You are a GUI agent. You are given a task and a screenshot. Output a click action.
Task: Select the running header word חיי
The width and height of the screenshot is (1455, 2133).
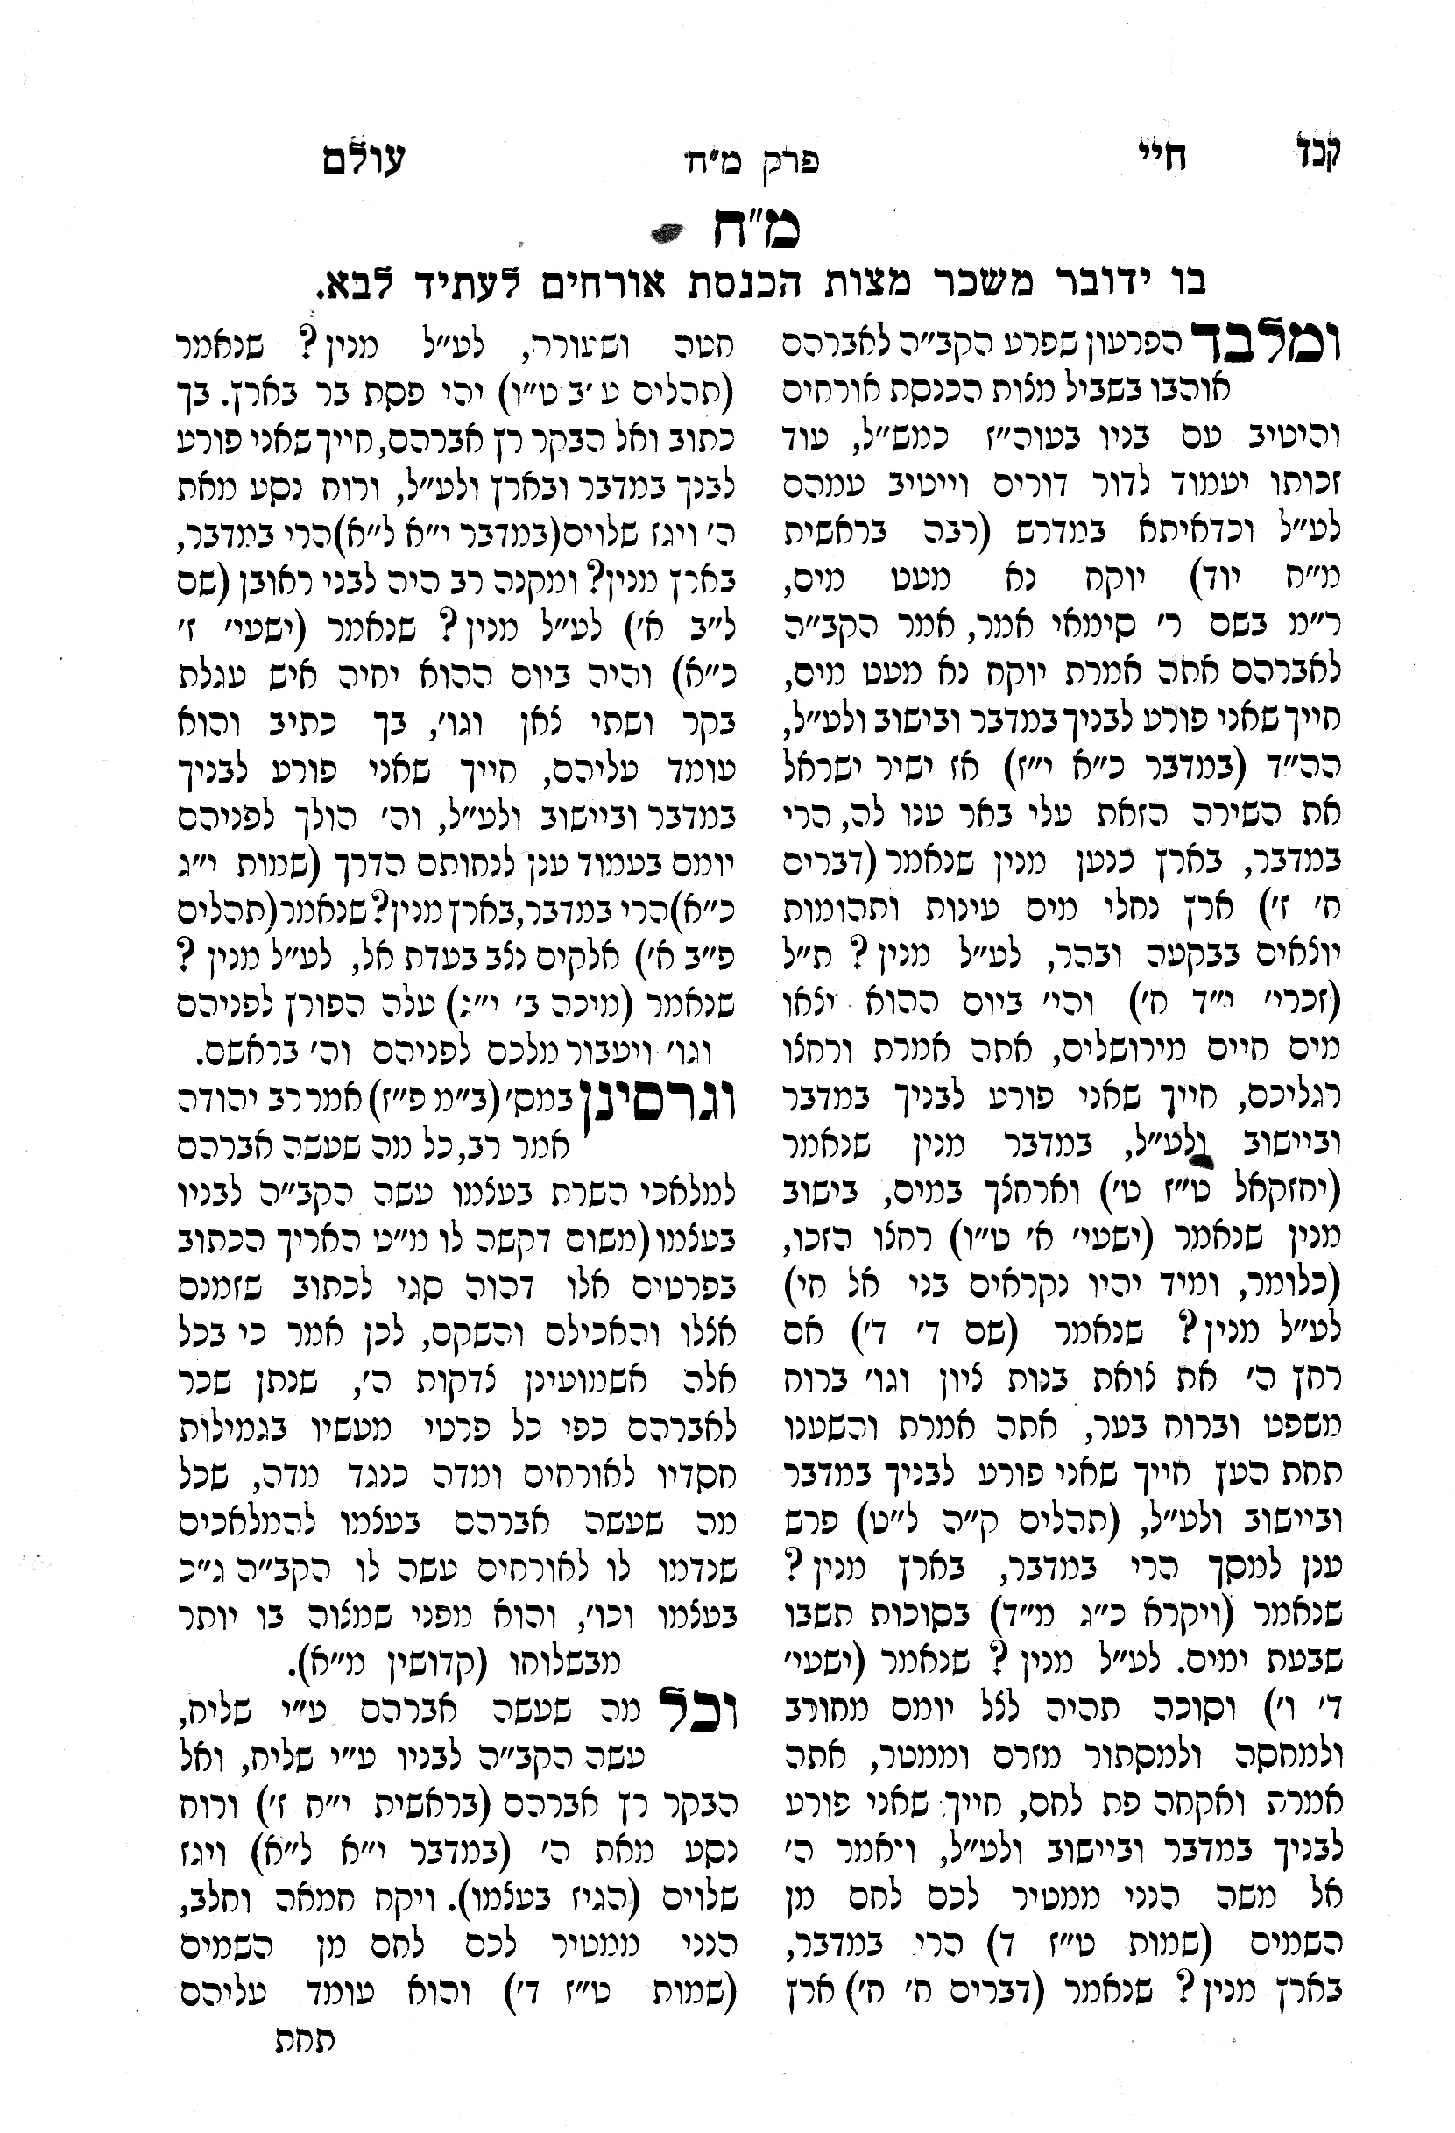(x=1168, y=157)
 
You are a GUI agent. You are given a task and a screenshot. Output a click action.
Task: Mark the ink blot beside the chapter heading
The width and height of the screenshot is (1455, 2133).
(x=667, y=235)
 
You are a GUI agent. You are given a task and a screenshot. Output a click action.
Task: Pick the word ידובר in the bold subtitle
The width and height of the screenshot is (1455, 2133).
(x=1086, y=287)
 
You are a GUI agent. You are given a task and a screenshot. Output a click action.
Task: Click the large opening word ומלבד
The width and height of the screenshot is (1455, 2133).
(x=1266, y=344)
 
